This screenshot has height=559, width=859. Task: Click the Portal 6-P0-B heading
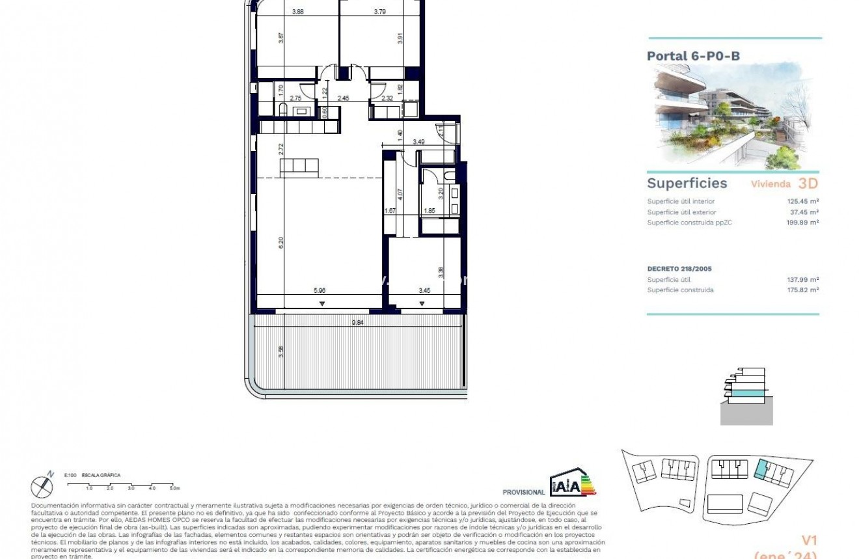693,56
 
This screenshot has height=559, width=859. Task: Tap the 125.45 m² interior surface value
802,202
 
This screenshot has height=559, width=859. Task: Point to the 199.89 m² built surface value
802,223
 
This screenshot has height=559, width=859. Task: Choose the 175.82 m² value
802,290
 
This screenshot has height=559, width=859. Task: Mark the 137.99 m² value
802,280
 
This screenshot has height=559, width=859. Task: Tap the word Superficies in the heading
687,184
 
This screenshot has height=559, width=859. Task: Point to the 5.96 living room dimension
320,290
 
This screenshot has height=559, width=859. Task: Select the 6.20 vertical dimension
281,242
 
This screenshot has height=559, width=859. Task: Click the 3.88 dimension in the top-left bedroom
298,11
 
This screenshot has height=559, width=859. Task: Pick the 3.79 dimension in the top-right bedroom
381,11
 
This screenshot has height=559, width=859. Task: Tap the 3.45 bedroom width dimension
424,290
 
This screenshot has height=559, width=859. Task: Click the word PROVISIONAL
524,493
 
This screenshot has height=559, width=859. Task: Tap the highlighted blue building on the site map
761,469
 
